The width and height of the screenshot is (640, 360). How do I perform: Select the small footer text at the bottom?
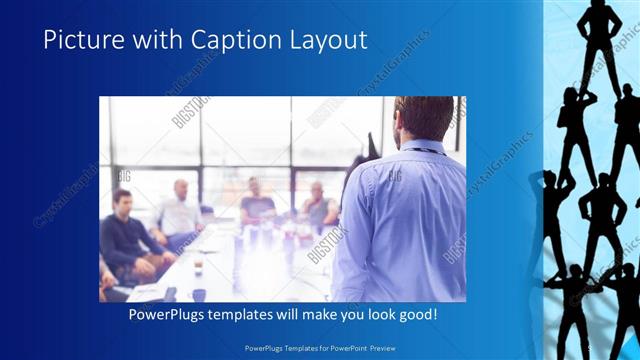click(x=320, y=350)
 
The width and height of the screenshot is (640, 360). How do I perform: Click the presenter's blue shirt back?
click(x=400, y=220)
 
